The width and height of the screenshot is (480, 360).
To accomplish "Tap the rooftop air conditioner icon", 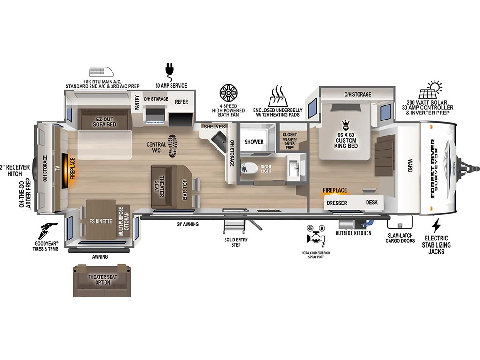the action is [x=102, y=72].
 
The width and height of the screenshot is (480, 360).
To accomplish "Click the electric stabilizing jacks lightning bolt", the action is [x=436, y=225].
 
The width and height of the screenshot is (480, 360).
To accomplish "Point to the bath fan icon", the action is [x=228, y=93].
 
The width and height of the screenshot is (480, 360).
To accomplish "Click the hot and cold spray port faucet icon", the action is [x=315, y=236].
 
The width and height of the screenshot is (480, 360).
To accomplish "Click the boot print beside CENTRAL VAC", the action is [x=173, y=146].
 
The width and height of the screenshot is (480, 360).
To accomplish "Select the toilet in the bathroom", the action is [x=249, y=168].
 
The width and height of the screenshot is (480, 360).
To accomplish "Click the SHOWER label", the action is [x=254, y=142].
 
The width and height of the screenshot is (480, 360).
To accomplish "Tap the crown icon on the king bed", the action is [x=346, y=125].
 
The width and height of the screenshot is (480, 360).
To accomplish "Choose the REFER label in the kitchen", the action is [x=181, y=102].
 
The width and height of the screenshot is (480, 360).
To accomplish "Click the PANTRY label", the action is [x=137, y=102].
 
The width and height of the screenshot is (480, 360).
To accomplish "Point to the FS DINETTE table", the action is [x=101, y=219].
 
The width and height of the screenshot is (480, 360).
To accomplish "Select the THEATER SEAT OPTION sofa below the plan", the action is [x=102, y=280].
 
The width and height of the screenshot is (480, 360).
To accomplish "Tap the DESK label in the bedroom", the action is [x=372, y=202].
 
